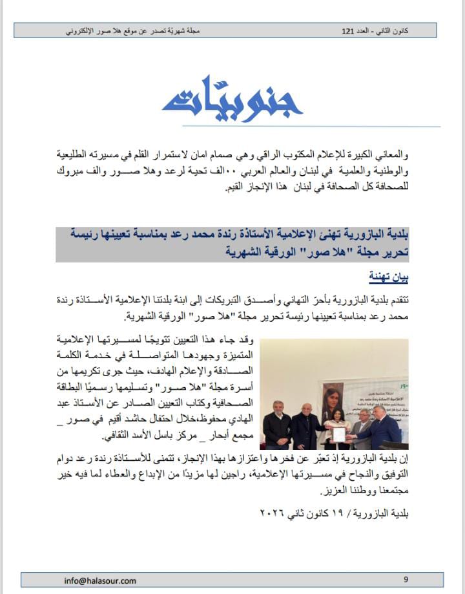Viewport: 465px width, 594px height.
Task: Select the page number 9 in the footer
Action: [406, 580]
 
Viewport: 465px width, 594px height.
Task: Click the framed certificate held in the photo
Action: [338, 434]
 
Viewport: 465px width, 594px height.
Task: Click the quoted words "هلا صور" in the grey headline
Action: [294, 252]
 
